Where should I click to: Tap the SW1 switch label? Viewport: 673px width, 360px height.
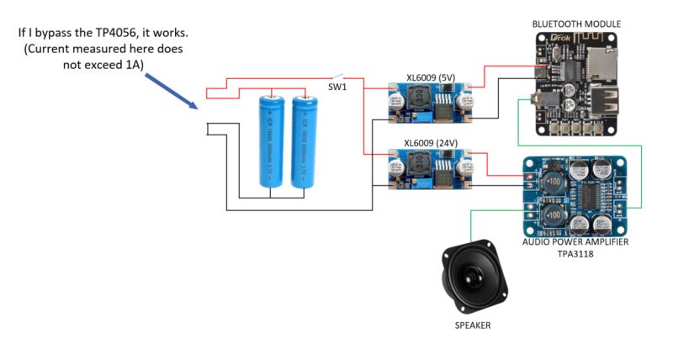[x=338, y=87]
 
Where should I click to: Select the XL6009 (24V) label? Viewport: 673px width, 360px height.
[x=431, y=143]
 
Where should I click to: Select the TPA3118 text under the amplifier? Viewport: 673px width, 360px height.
[x=575, y=253]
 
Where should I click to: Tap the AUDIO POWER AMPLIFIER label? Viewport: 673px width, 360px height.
[x=575, y=242]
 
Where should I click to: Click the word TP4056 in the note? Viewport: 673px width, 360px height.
[x=151, y=33]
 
